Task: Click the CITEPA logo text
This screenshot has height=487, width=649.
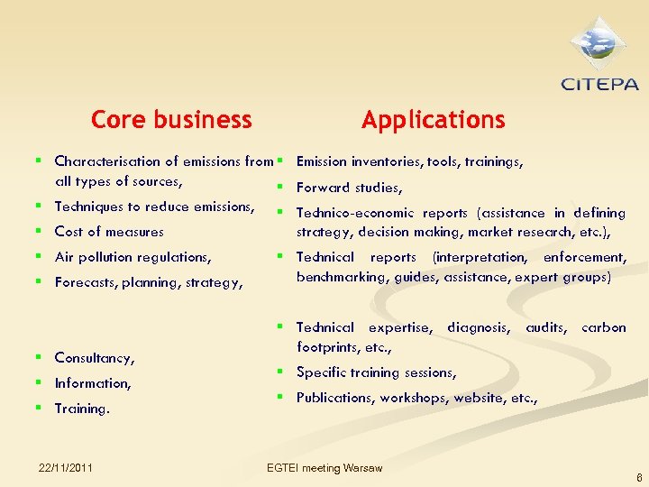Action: [599, 85]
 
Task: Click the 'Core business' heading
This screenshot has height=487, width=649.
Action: [171, 120]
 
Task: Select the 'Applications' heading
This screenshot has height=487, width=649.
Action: [433, 120]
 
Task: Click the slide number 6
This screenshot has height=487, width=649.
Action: [639, 478]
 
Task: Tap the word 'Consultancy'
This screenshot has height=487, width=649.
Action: [94, 358]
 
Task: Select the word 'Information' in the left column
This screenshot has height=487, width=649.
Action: [92, 383]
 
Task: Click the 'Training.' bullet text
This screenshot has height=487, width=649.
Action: [82, 409]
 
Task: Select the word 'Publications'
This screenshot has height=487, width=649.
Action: [334, 397]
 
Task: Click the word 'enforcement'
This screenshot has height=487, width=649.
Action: [583, 258]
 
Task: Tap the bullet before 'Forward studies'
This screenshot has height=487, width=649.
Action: [280, 188]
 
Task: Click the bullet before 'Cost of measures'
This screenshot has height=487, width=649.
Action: [39, 232]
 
